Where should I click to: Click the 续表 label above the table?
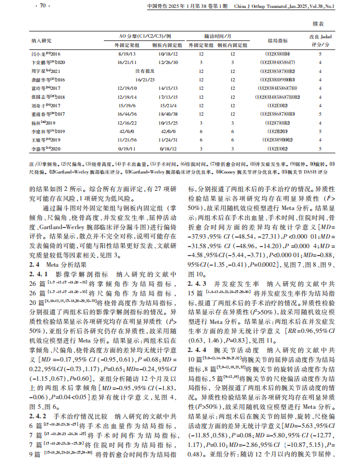click(318, 25)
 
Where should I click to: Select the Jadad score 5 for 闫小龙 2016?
click(320, 54)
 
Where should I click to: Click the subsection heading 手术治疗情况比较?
click(77, 400)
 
